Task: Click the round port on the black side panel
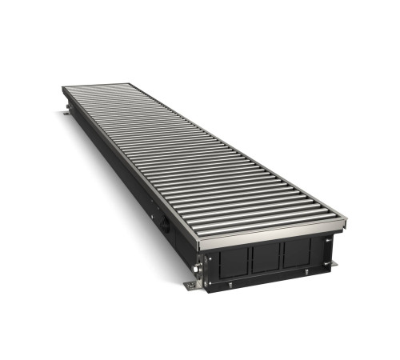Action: click(164, 225)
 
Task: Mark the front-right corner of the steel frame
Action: click(346, 217)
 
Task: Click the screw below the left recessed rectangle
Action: click(231, 283)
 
